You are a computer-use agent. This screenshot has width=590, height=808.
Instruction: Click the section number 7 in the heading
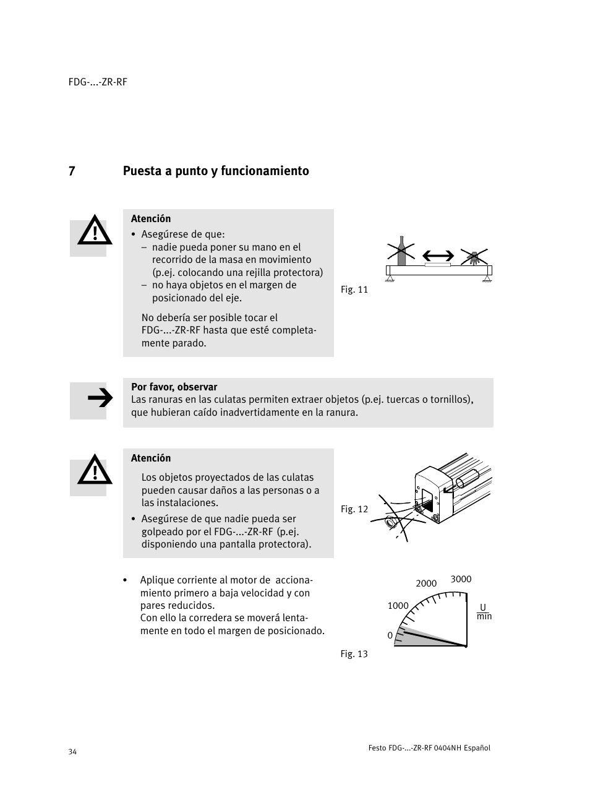[72, 171]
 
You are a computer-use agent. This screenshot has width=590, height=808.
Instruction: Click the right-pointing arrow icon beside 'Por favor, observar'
[100, 399]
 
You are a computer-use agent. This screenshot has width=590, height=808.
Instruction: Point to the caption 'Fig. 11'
[354, 290]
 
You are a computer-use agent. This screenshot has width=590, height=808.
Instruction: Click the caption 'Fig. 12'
[354, 509]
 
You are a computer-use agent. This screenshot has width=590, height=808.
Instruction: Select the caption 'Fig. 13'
[354, 654]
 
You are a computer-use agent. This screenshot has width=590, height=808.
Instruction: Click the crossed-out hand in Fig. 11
[474, 256]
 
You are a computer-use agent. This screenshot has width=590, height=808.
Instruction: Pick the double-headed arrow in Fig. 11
[438, 256]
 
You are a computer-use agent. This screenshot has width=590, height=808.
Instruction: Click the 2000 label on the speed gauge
[426, 583]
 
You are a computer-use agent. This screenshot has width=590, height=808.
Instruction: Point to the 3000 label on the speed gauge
[461, 579]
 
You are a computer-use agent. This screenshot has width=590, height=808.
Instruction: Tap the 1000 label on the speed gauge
[398, 606]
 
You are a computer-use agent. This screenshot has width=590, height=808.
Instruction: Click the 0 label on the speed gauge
[390, 635]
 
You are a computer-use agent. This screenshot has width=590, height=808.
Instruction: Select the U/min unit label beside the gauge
[484, 612]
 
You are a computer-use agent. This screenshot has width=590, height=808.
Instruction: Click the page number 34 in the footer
[73, 752]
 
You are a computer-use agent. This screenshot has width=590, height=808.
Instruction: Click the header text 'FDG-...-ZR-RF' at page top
[98, 82]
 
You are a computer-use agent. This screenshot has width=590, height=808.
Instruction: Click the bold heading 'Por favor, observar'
[174, 387]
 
